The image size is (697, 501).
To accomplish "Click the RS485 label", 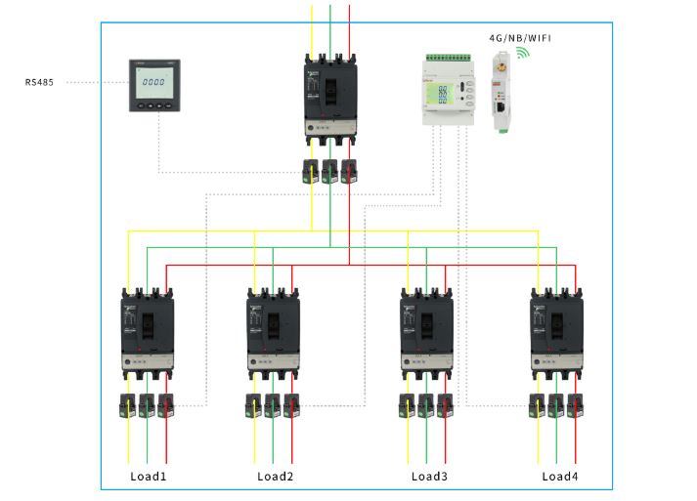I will (x=39, y=83).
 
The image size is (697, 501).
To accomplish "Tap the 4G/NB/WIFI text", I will (x=520, y=37).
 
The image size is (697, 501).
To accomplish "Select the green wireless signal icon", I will (x=524, y=52).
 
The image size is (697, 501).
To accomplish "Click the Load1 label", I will (x=149, y=477).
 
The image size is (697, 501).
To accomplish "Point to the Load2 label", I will (x=276, y=477).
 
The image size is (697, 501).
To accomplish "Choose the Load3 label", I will (x=429, y=477).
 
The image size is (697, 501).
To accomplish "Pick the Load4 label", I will (x=560, y=477).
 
